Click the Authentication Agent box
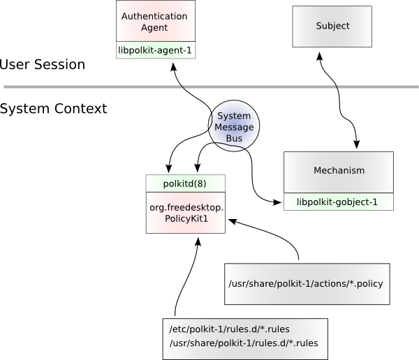click(154, 22)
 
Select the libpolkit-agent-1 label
click(154, 50)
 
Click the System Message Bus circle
click(234, 128)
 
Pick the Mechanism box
click(339, 170)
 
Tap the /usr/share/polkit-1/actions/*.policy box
click(305, 284)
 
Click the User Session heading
click(43, 65)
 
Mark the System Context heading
click(54, 109)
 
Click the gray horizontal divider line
click(209, 87)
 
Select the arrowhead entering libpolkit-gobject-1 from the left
click(278, 202)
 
